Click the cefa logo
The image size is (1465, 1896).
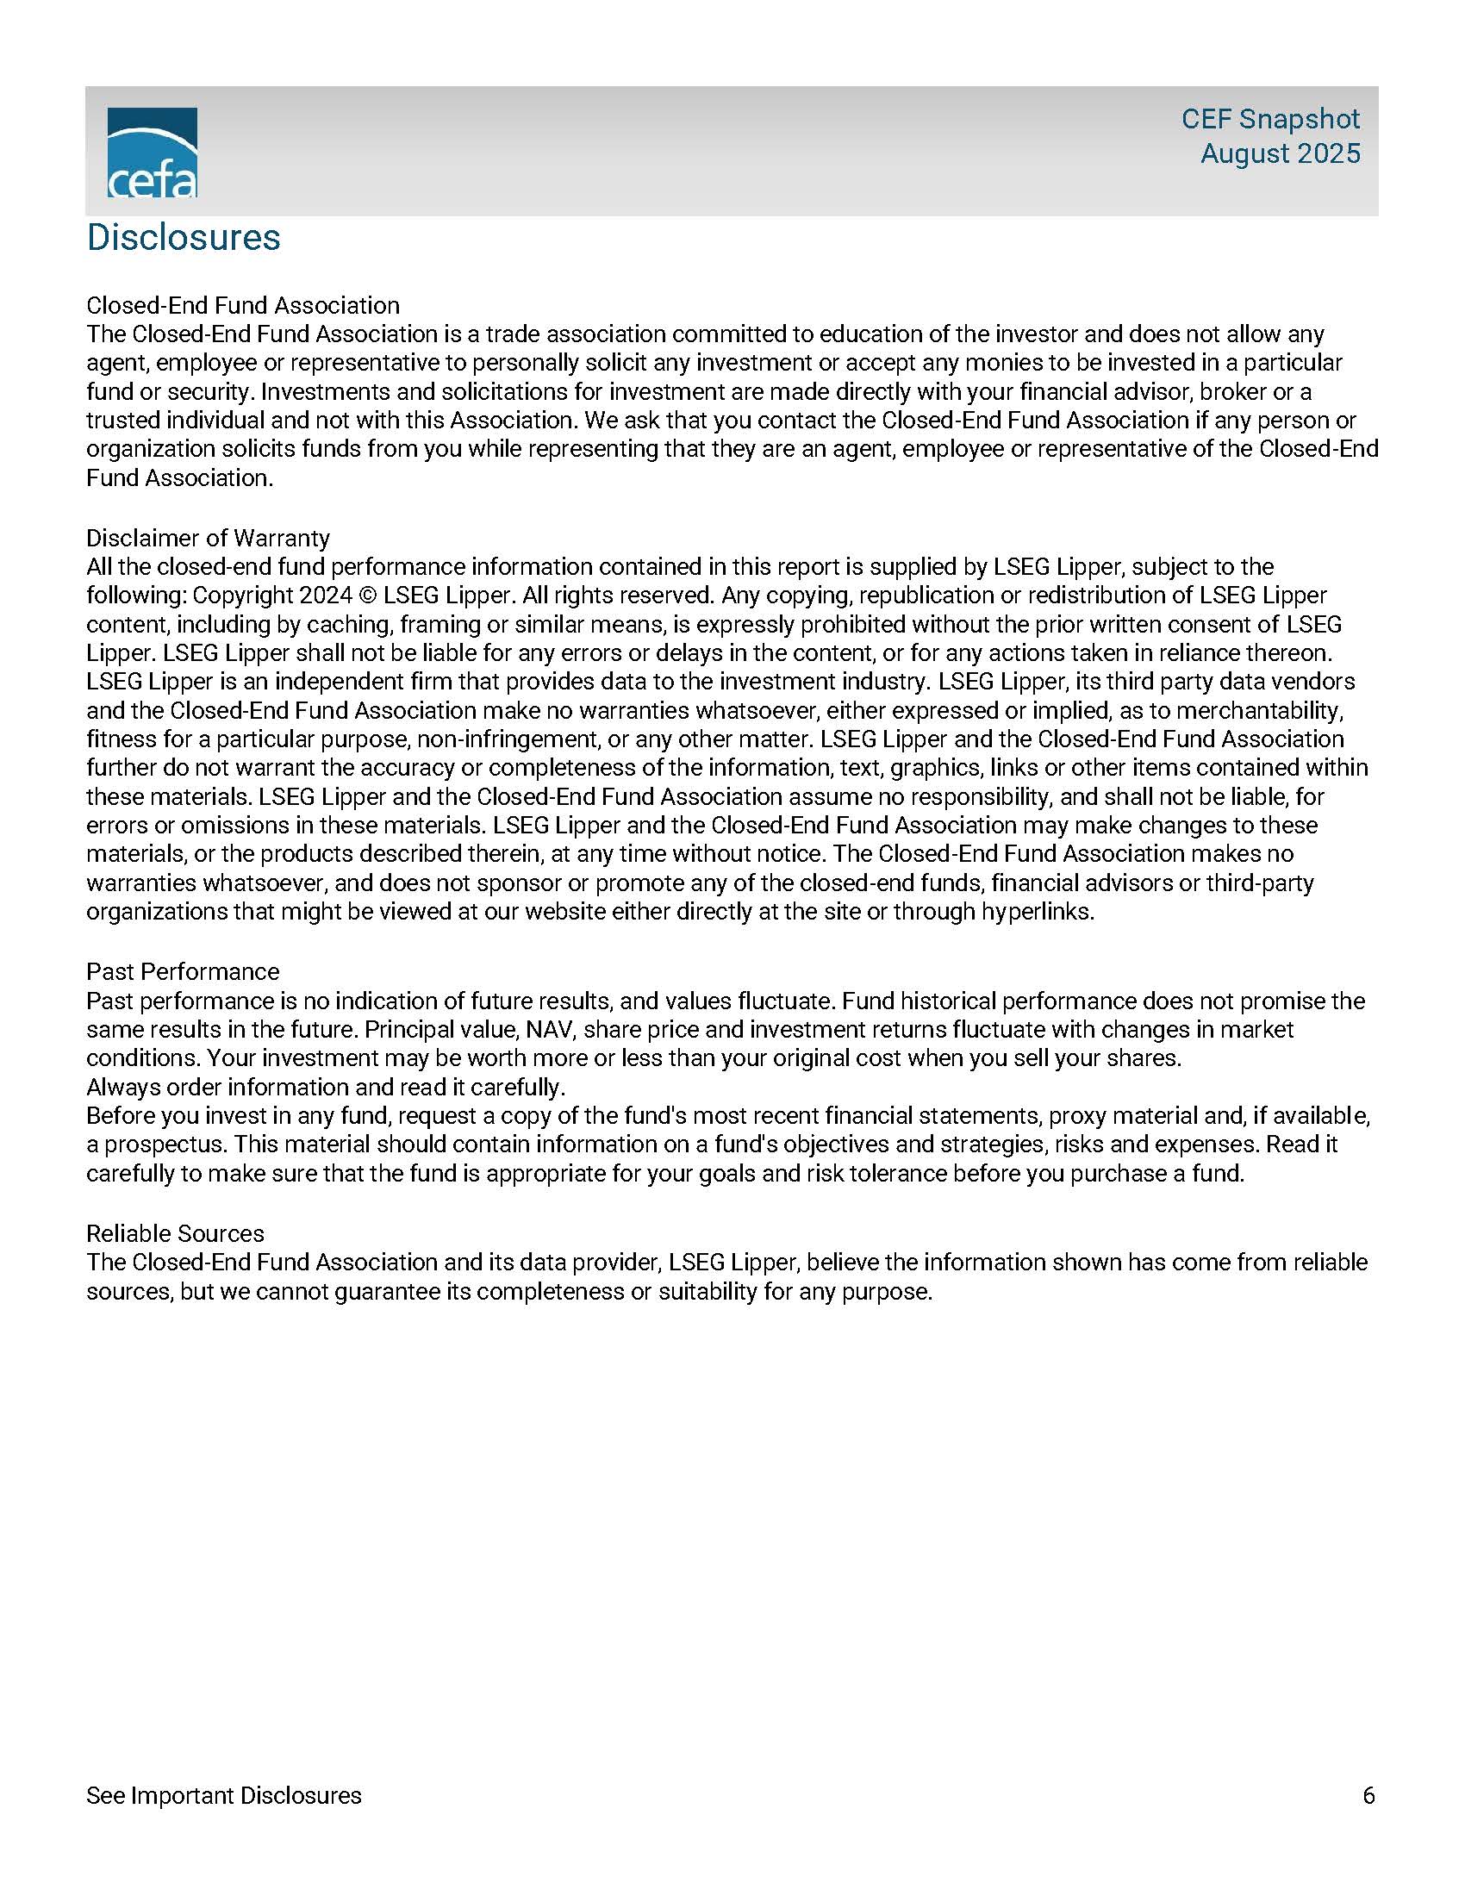152,153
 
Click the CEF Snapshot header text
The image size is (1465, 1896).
1269,119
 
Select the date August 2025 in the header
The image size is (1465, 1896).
1279,153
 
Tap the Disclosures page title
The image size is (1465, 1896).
183,237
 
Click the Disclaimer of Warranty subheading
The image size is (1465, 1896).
208,539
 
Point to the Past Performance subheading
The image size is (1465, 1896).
182,971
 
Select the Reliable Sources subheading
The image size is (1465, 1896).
174,1233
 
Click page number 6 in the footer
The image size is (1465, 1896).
1368,1795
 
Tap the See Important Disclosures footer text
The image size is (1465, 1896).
223,1795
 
